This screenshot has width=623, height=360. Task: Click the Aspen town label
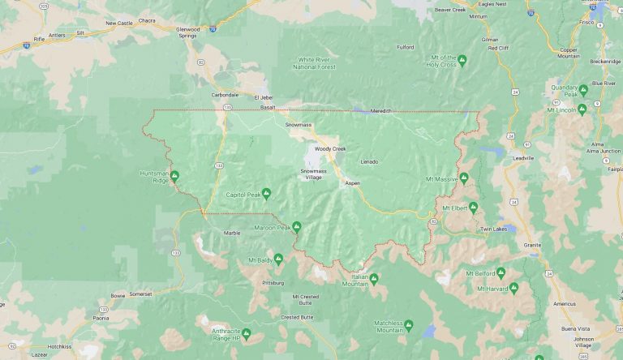coord(352,184)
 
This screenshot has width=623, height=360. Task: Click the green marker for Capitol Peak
coord(266,194)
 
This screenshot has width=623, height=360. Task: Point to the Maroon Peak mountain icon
coord(297,227)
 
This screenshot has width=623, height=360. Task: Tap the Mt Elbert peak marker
coord(473,207)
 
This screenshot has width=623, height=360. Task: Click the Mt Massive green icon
coord(464,178)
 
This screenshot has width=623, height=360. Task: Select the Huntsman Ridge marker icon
coord(174,174)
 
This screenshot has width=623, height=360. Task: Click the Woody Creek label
coord(330,149)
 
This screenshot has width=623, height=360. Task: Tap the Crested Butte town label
coord(298,316)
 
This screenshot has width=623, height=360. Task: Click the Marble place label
coord(232,233)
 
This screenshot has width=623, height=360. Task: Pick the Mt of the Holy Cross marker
coord(462,60)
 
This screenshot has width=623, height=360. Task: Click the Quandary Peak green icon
coord(582,89)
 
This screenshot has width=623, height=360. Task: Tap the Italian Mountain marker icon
coord(374,278)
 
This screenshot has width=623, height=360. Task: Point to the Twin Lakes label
coord(492,229)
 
